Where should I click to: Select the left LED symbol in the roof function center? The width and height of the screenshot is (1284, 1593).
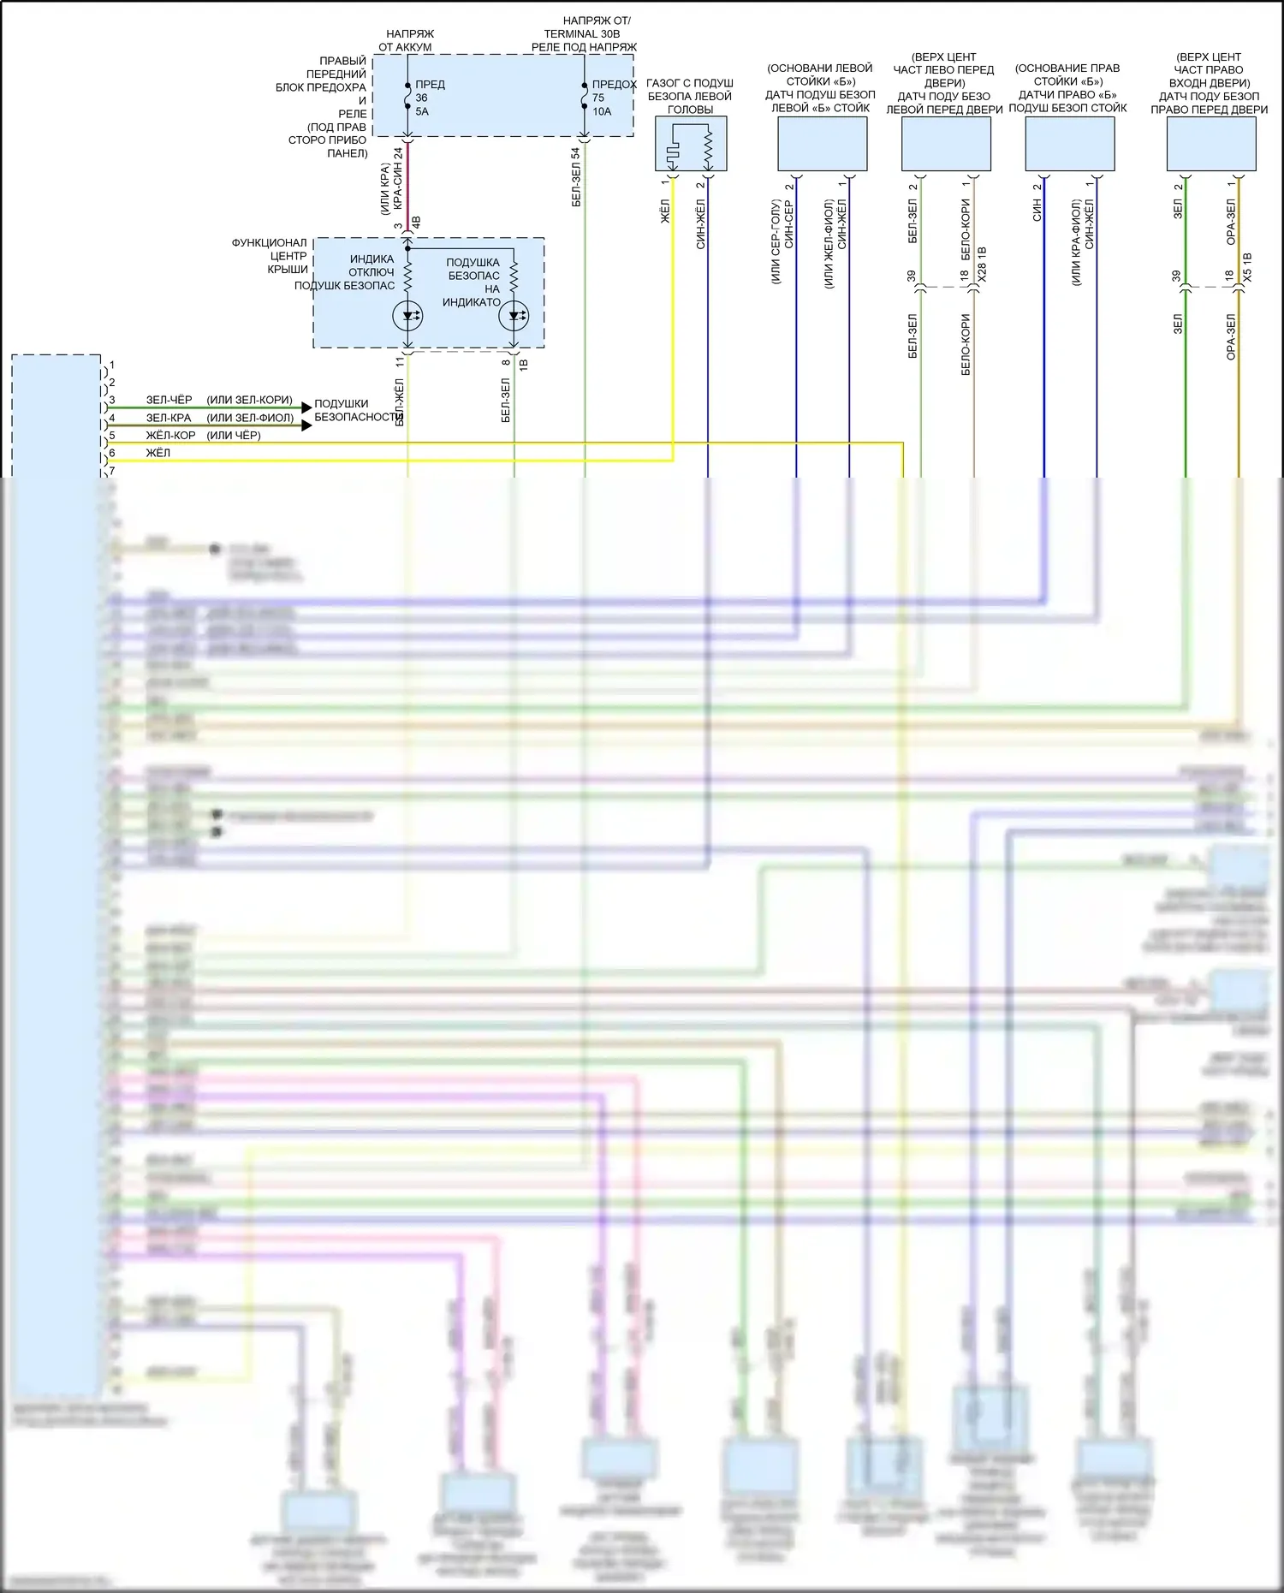click(x=407, y=316)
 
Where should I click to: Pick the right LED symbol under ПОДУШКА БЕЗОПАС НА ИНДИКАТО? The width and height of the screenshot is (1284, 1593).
click(x=514, y=316)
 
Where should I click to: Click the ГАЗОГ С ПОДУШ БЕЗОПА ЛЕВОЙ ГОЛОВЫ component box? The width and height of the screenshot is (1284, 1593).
click(x=691, y=144)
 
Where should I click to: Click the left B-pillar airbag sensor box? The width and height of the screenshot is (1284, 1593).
click(x=822, y=144)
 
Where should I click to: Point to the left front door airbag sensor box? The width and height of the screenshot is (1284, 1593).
click(x=946, y=144)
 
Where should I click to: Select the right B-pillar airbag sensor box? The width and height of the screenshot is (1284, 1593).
click(x=1070, y=144)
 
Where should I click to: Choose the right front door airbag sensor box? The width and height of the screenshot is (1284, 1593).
click(x=1211, y=144)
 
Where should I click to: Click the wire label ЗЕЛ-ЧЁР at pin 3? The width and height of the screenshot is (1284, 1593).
click(x=169, y=400)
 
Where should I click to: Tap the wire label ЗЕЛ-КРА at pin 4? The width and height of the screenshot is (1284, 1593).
click(x=169, y=418)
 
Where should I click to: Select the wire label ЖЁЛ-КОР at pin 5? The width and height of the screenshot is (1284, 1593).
click(x=170, y=435)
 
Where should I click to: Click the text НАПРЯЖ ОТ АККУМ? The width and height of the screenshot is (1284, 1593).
click(x=407, y=40)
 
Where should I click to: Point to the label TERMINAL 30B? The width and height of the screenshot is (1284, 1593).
click(x=582, y=33)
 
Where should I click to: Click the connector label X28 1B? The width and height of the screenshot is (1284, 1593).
click(x=982, y=265)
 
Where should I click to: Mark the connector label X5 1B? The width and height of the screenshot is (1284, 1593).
click(x=1247, y=267)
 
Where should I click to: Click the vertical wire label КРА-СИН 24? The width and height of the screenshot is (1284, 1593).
click(x=398, y=179)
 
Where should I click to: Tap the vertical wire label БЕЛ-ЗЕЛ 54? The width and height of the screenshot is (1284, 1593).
click(x=576, y=177)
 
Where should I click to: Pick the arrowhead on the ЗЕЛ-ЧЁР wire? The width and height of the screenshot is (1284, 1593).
click(x=306, y=407)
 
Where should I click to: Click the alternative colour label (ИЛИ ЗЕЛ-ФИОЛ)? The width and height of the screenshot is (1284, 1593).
click(x=250, y=418)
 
